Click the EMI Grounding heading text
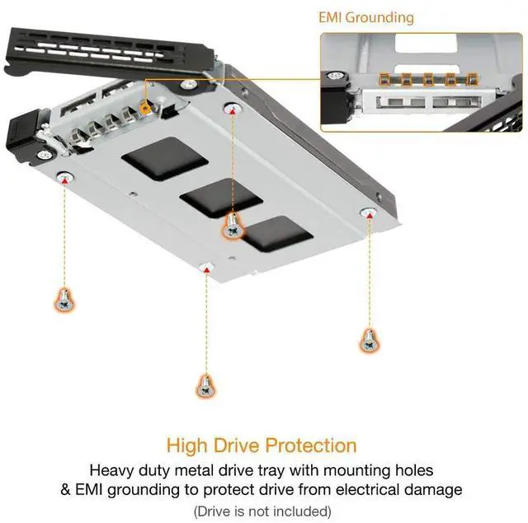click(x=366, y=16)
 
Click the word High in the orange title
click(x=186, y=446)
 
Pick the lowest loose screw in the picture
click(x=205, y=384)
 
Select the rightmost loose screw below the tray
click(x=368, y=339)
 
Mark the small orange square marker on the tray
click(x=145, y=108)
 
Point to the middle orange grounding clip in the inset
click(x=429, y=80)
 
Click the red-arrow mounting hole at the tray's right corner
click(x=370, y=213)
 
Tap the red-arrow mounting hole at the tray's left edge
click(x=63, y=175)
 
